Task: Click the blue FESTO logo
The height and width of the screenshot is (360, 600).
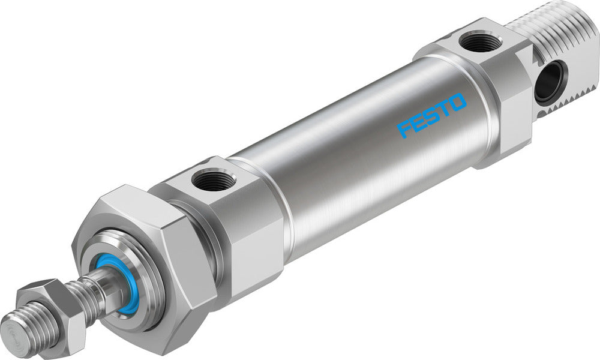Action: (431, 115)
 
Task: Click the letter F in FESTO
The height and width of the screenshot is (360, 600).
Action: (405, 128)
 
